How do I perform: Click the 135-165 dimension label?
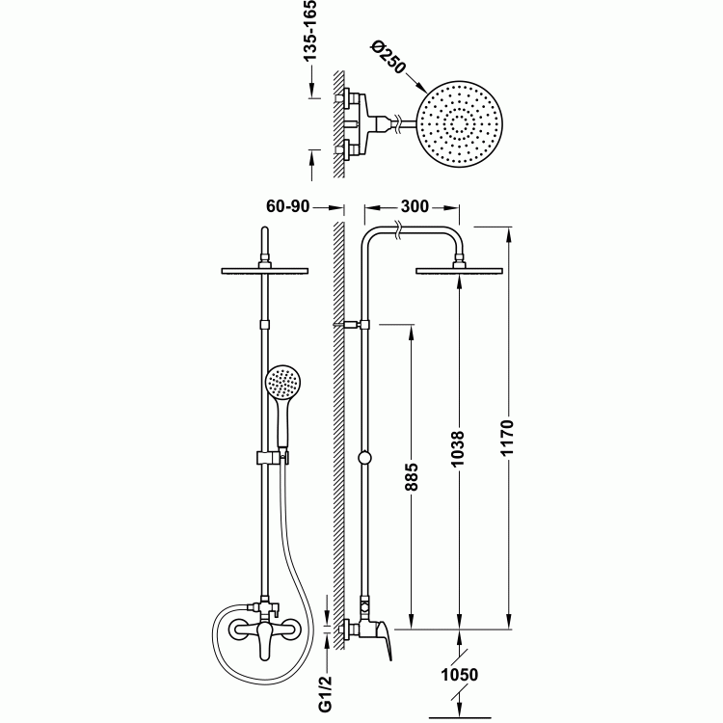(x=309, y=31)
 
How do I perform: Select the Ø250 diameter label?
(x=388, y=57)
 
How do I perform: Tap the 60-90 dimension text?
(x=287, y=206)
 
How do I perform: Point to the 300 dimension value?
(x=415, y=206)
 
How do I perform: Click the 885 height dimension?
(x=413, y=477)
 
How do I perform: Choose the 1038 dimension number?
(x=458, y=448)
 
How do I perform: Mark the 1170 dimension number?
(x=507, y=437)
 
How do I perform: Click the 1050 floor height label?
(x=460, y=675)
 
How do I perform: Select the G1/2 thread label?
(x=325, y=692)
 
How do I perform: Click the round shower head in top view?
(x=459, y=124)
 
